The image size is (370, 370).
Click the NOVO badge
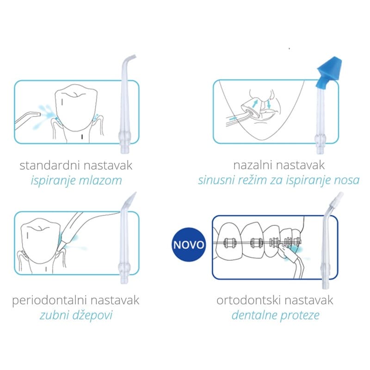[x=189, y=244]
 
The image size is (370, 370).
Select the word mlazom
[x=102, y=180]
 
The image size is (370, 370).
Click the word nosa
[x=346, y=180]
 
